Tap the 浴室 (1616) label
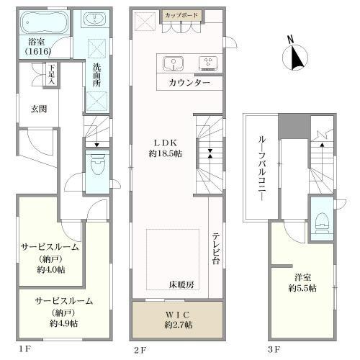33,47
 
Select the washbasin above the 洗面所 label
94,20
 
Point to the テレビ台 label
215,249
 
